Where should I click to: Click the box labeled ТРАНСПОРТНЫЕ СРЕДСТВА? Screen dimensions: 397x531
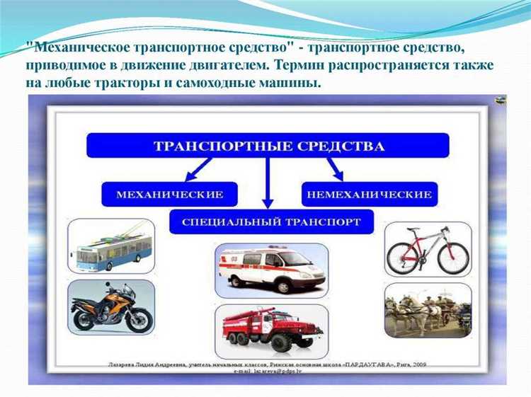[x=268, y=145]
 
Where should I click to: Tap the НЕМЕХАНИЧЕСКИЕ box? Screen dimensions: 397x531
[x=370, y=193]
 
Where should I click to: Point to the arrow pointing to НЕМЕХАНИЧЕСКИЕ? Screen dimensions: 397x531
[x=331, y=170]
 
